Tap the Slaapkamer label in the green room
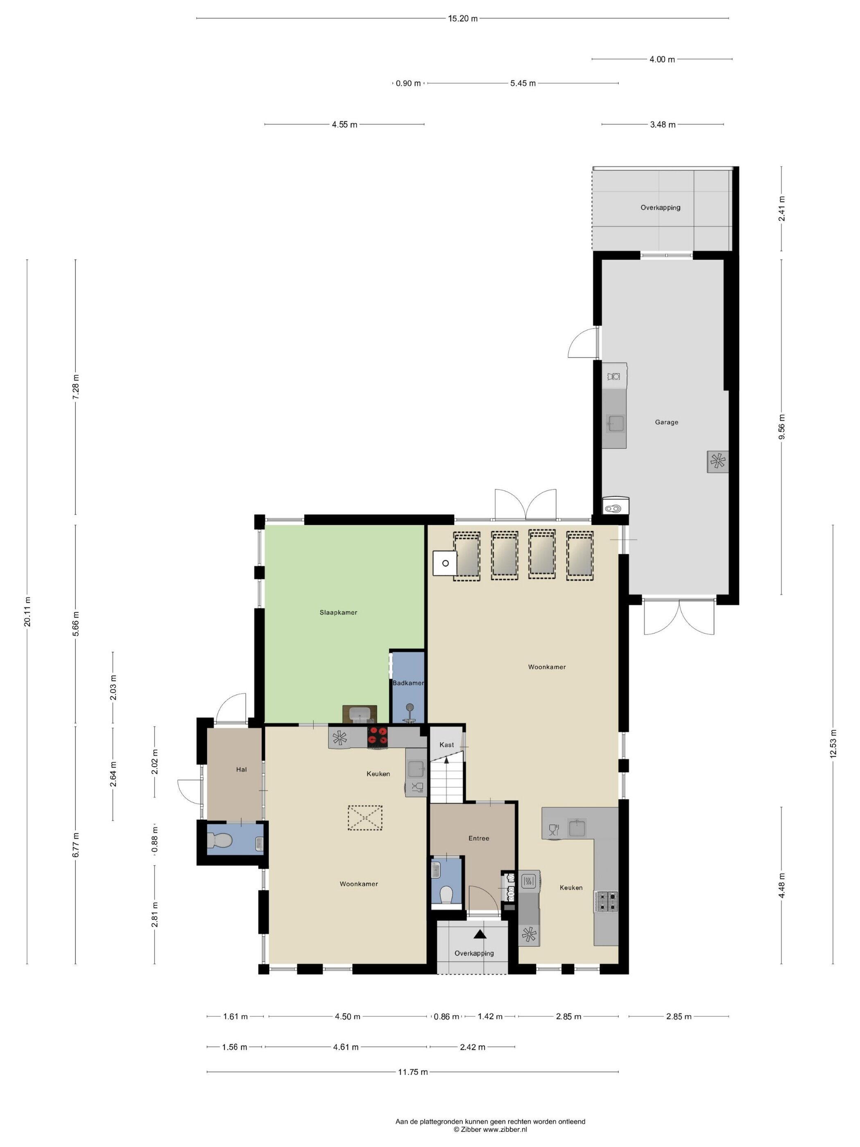point(338,612)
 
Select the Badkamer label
point(408,683)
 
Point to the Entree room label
point(478,838)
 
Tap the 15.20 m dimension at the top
point(462,19)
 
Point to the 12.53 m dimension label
point(833,744)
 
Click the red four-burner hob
point(378,737)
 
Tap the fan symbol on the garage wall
point(717,461)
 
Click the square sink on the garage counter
point(616,424)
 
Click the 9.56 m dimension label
point(782,427)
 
